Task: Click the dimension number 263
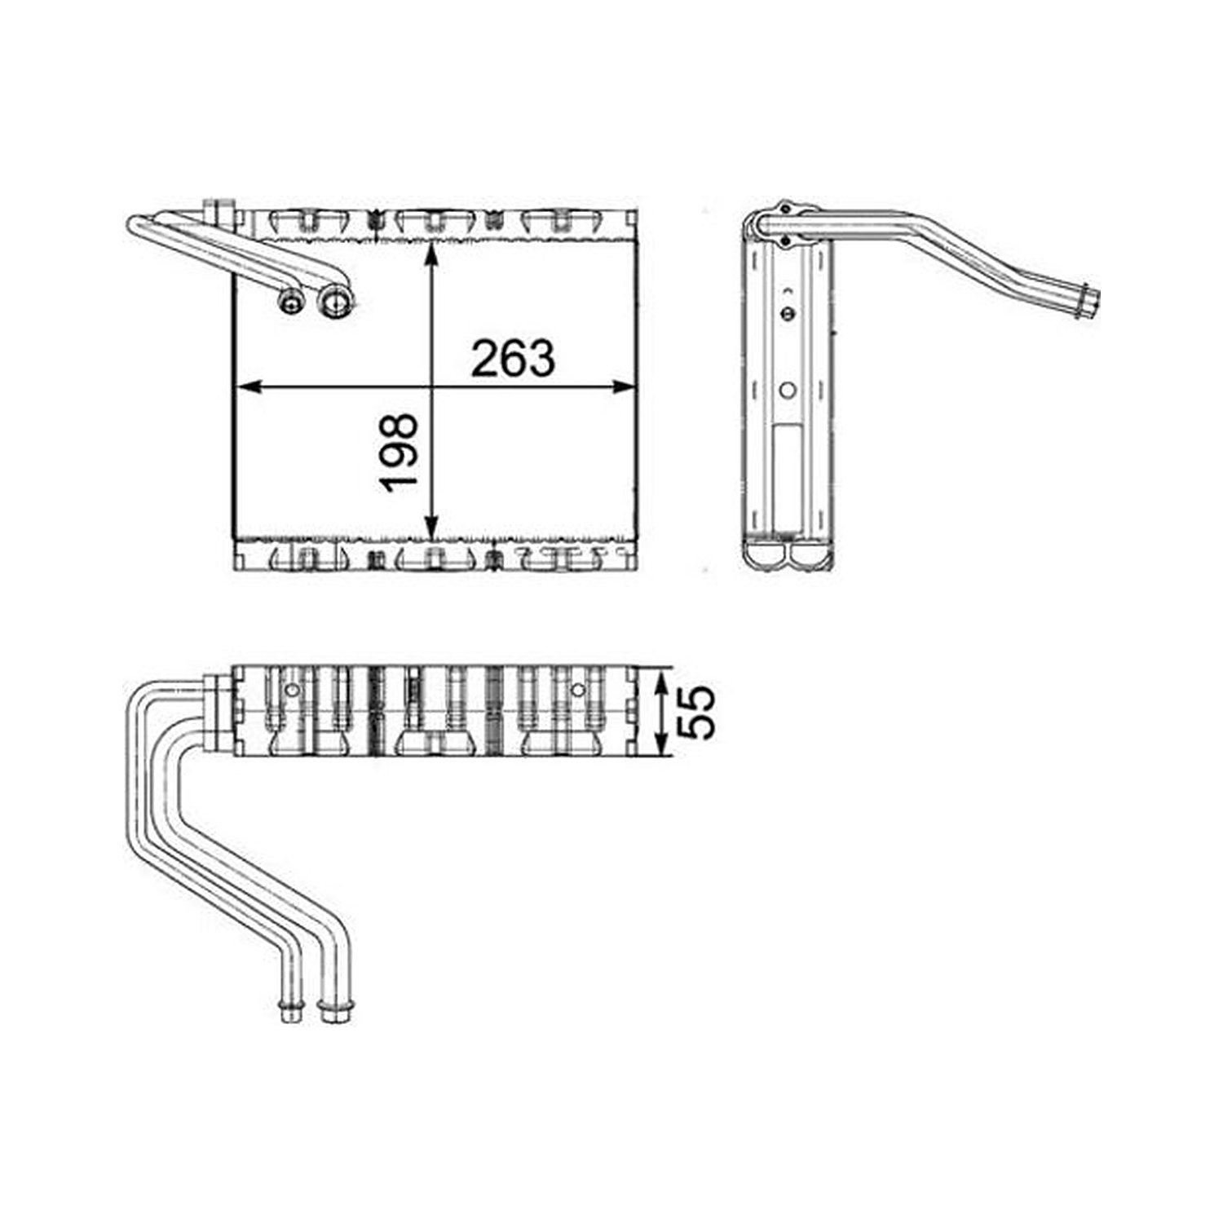pyautogui.click(x=513, y=358)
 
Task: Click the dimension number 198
pyautogui.click(x=399, y=453)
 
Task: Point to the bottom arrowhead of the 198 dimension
pyautogui.click(x=432, y=528)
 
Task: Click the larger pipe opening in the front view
pyautogui.click(x=333, y=303)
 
